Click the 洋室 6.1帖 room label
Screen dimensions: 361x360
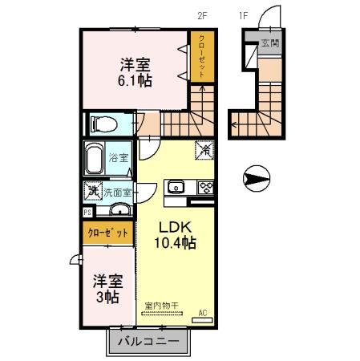[x=136, y=72]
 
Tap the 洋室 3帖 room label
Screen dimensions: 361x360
[x=106, y=289]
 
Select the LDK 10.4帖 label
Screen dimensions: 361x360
[x=178, y=233]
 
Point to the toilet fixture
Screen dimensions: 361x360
[x=102, y=124]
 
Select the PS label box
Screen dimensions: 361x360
[x=87, y=213]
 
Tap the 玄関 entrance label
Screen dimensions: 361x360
[x=269, y=43]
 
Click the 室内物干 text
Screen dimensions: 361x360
[x=161, y=306]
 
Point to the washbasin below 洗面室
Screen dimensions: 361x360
[x=119, y=211]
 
